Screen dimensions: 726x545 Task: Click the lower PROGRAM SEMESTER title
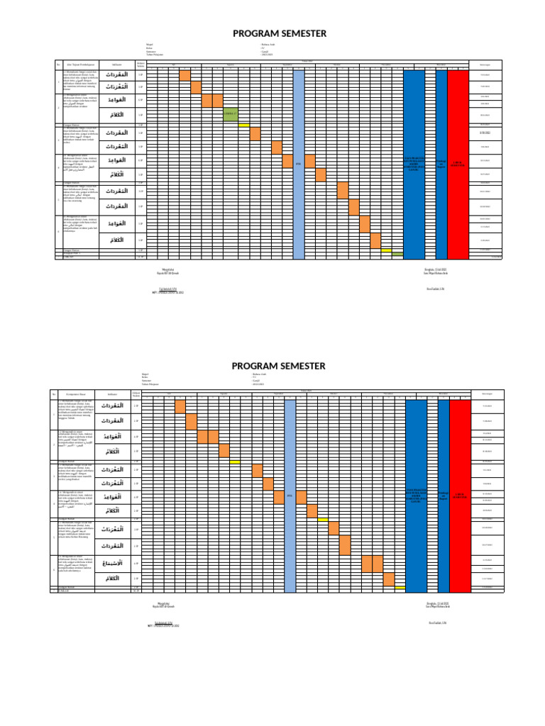pyautogui.click(x=279, y=366)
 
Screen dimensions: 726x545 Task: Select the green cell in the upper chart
pyautogui.click(x=230, y=114)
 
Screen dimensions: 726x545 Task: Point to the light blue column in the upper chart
pyautogui.click(x=299, y=163)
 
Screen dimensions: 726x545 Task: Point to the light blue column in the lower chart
pyautogui.click(x=290, y=494)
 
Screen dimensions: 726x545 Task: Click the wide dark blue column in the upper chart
pyautogui.click(x=414, y=163)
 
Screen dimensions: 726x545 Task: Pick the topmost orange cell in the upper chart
pyautogui.click(x=185, y=75)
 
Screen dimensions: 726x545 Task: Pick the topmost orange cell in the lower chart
pyautogui.click(x=180, y=406)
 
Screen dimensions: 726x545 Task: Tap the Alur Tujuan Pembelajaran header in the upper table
pyautogui.click(x=77, y=65)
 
